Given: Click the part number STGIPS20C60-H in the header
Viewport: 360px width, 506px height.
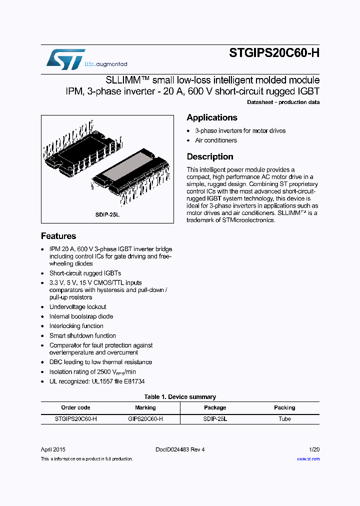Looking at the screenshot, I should tap(274, 53).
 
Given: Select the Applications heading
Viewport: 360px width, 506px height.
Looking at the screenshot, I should tap(212, 117).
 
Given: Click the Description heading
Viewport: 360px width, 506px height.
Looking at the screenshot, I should tap(210, 156).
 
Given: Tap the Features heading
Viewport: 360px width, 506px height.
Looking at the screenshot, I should tap(58, 236).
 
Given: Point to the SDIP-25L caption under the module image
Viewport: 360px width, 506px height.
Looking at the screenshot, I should tap(107, 214).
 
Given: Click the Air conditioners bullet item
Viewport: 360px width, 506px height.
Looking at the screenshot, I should tap(216, 140).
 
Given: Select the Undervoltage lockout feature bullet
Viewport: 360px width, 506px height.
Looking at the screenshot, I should tap(77, 307).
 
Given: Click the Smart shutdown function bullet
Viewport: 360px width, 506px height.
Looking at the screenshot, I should tap(82, 335).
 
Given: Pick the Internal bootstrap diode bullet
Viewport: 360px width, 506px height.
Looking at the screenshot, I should tap(81, 316).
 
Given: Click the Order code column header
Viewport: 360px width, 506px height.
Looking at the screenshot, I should tap(75, 407).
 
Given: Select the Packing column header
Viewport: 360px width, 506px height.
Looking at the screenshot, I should tap(284, 407).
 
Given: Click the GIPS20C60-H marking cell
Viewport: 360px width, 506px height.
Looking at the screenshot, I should tap(145, 419).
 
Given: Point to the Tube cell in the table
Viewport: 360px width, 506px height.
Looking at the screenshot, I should tap(284, 419).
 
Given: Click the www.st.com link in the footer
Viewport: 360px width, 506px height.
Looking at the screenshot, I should tap(308, 459).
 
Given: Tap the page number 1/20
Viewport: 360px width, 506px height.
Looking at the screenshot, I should tap(314, 449).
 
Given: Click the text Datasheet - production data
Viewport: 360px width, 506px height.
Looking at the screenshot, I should tap(283, 102).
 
